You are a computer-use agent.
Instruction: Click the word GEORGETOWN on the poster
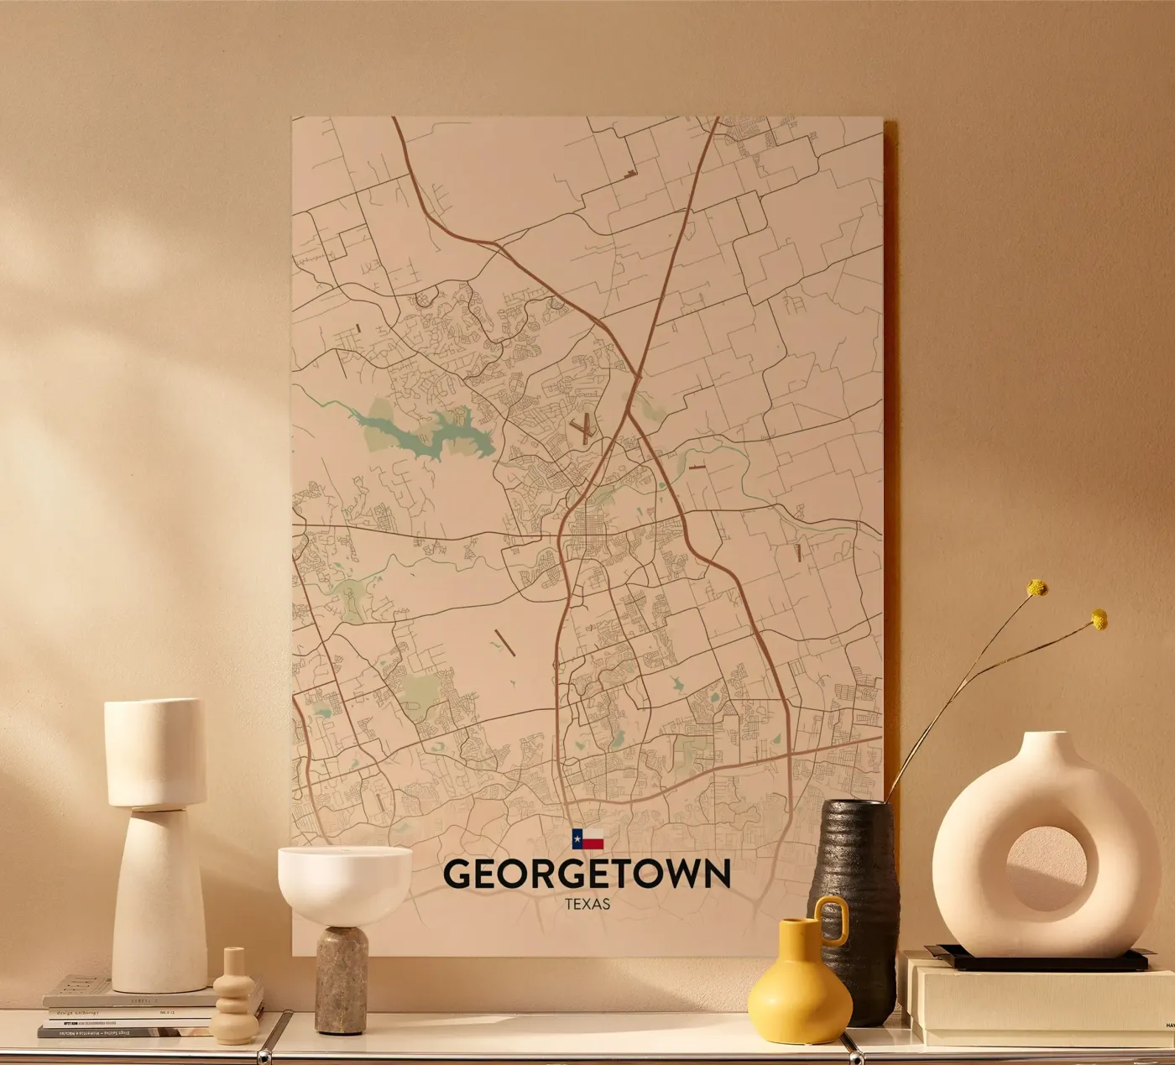coord(587,874)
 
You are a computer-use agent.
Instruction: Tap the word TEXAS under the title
coord(587,905)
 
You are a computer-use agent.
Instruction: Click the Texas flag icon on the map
coord(587,838)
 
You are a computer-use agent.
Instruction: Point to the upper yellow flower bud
coord(1038,587)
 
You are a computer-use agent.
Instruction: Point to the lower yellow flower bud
coord(1099,619)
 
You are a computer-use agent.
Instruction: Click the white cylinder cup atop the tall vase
coord(155,752)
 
